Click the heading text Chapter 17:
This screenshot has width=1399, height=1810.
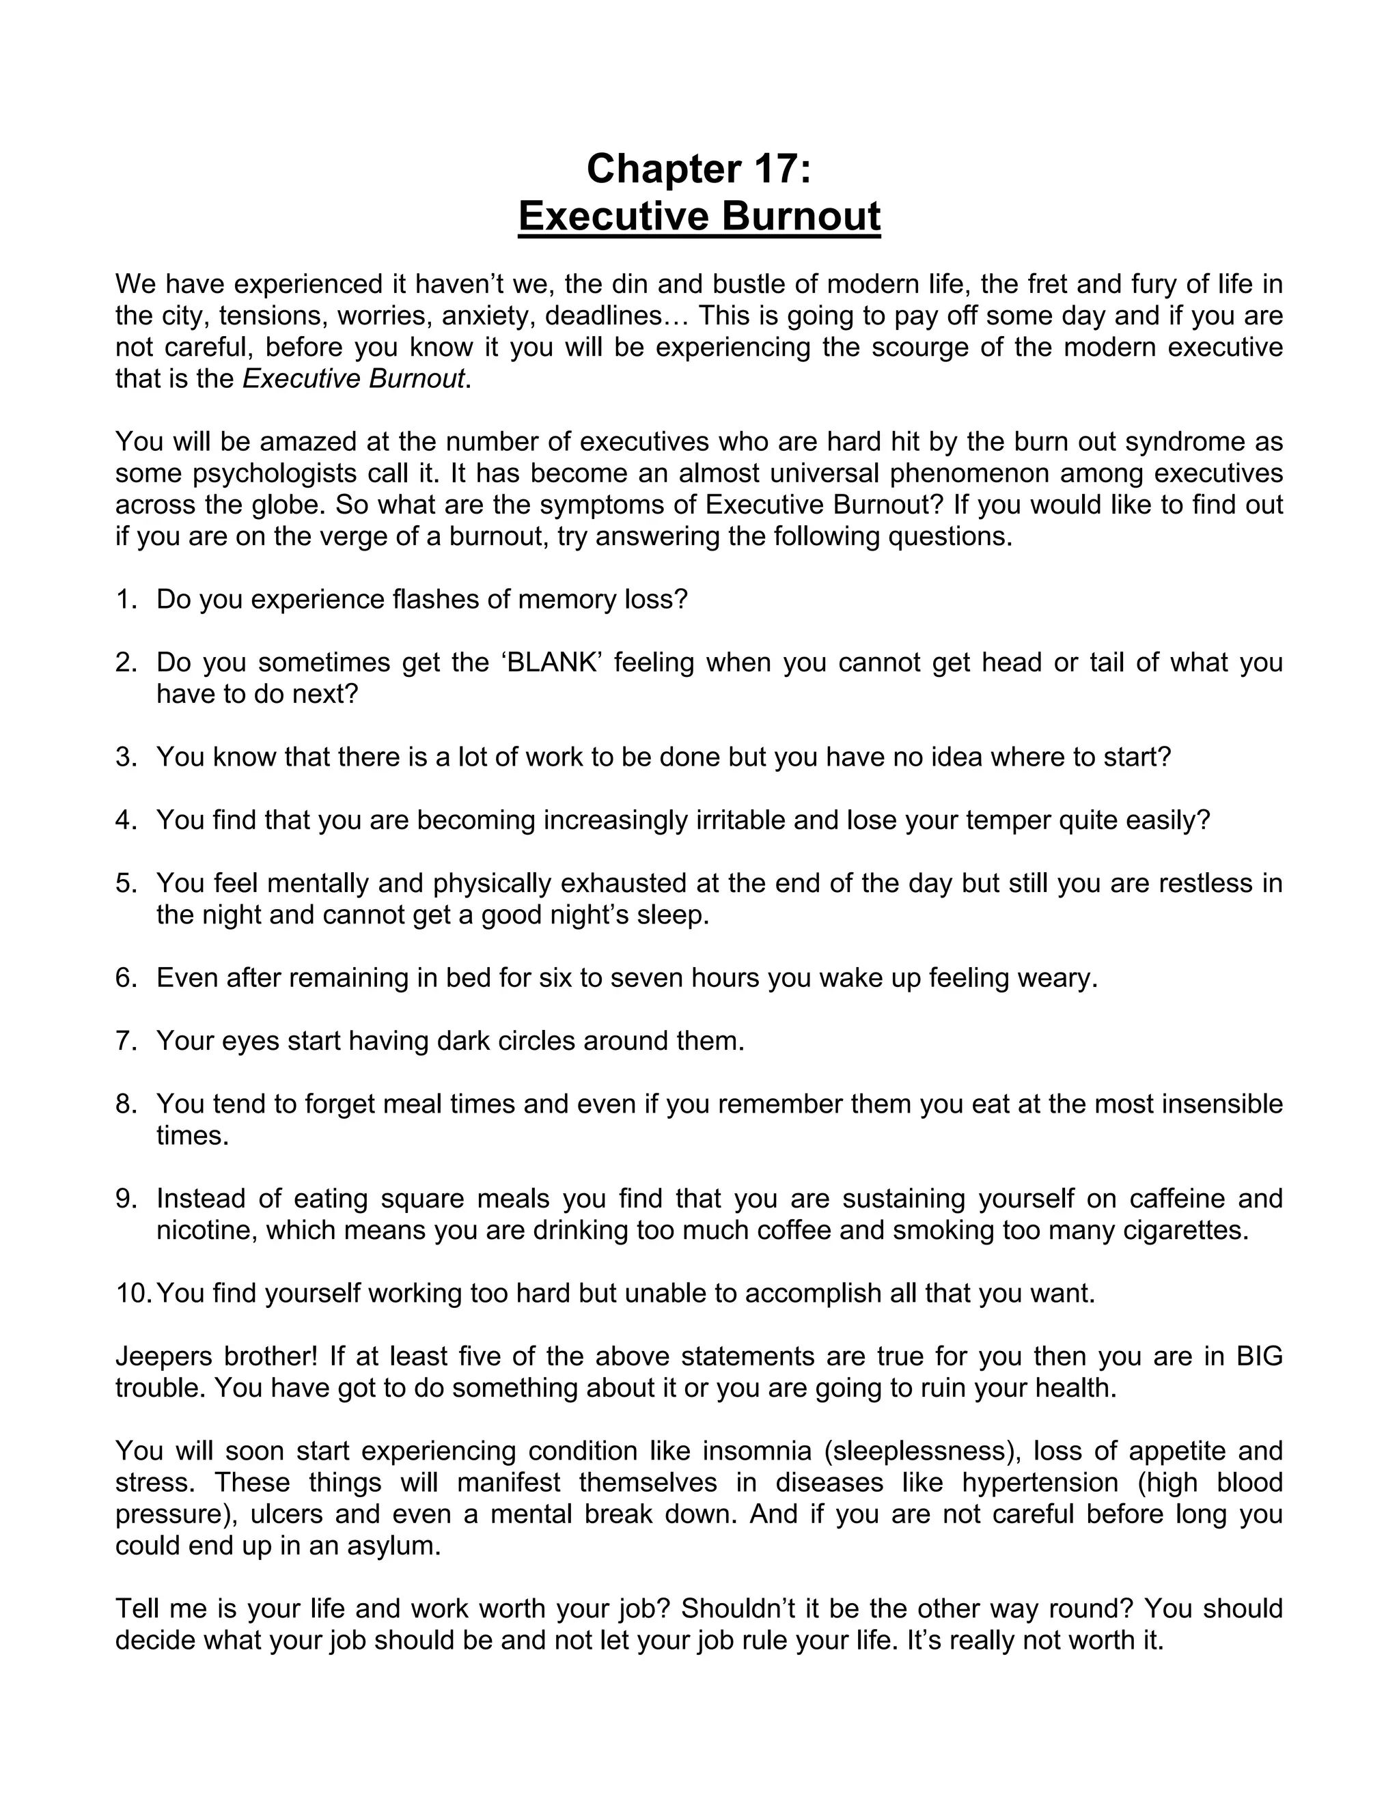(699, 169)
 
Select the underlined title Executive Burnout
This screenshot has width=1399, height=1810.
(699, 217)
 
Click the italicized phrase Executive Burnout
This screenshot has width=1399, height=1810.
(353, 379)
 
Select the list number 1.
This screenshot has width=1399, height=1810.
(125, 599)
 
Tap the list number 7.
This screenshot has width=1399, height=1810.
(125, 1041)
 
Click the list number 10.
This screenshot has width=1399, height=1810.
(133, 1293)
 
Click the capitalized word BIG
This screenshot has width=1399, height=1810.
(1259, 1356)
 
